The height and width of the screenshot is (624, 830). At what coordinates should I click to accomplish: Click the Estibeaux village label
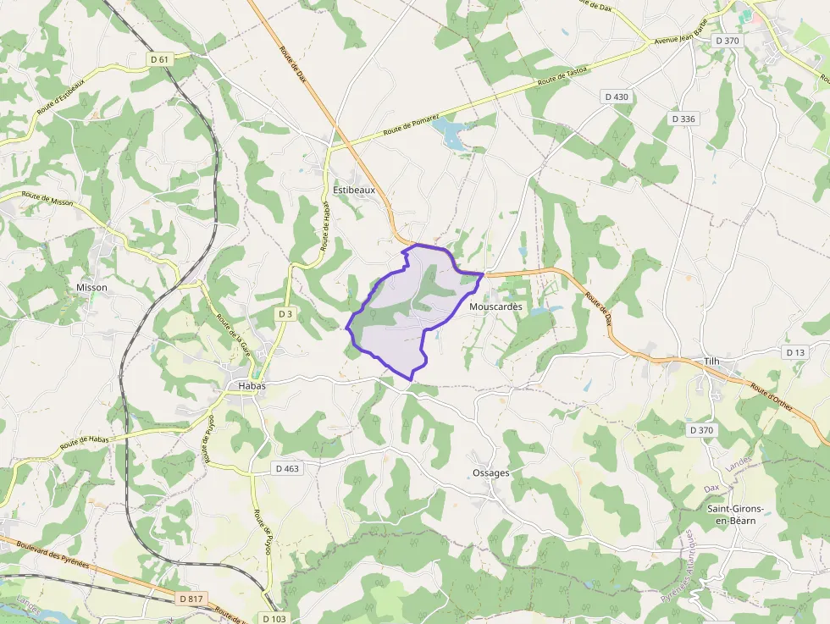coord(354,191)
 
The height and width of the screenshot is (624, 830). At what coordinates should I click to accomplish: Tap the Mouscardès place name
coord(495,306)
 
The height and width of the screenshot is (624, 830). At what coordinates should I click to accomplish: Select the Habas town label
coord(246,386)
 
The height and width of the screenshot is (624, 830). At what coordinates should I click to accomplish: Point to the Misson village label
coord(91,288)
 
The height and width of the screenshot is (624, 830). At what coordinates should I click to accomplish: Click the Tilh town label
coord(711,362)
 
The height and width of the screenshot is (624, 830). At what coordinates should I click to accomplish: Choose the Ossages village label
coord(491,473)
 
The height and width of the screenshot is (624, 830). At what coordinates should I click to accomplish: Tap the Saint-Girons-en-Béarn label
coord(735,514)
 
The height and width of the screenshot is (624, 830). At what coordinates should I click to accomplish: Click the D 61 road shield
coord(160,59)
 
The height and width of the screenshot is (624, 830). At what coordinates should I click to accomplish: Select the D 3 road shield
coord(285,314)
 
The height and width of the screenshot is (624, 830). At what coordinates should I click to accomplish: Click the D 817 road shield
coord(191,599)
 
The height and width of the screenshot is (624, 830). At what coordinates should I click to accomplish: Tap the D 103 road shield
coord(274,618)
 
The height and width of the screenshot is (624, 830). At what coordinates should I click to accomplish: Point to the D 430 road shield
coord(617,97)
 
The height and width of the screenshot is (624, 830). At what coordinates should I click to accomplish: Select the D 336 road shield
coord(681,119)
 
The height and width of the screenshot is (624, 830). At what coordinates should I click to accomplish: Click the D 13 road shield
coord(795,352)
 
